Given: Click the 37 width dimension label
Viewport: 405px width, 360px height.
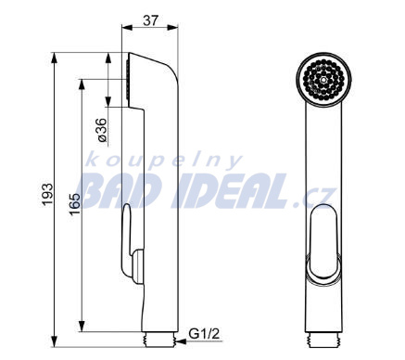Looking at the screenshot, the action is point(151,20).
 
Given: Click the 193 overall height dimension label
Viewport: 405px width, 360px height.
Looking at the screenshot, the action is point(48,195).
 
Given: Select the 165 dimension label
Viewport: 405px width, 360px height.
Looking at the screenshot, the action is point(74,204).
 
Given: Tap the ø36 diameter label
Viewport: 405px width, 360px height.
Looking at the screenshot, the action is point(102,130).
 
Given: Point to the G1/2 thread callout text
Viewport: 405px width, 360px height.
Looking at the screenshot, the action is point(204,334).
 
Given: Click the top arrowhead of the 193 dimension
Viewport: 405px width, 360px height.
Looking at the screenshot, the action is point(55,58).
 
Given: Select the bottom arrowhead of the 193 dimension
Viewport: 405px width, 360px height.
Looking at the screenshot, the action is point(55,341).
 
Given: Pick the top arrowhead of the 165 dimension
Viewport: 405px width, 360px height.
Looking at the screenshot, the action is point(82,84).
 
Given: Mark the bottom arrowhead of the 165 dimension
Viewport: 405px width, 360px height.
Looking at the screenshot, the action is point(82,327).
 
